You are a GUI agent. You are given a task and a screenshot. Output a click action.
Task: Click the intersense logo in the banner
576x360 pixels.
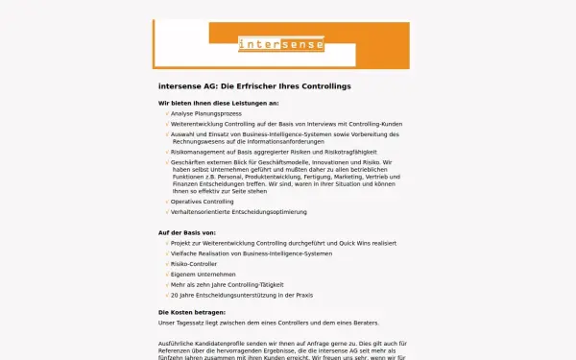(281, 43)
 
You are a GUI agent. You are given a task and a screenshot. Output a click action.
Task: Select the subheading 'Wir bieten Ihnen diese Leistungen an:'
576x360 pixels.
(218, 103)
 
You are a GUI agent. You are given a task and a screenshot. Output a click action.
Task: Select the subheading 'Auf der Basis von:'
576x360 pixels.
(186, 233)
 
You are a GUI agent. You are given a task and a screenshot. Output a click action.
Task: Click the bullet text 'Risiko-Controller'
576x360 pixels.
(196, 264)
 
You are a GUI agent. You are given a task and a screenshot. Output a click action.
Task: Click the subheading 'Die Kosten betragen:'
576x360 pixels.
(192, 312)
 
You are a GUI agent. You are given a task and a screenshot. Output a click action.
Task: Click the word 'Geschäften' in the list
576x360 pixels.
(188, 162)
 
